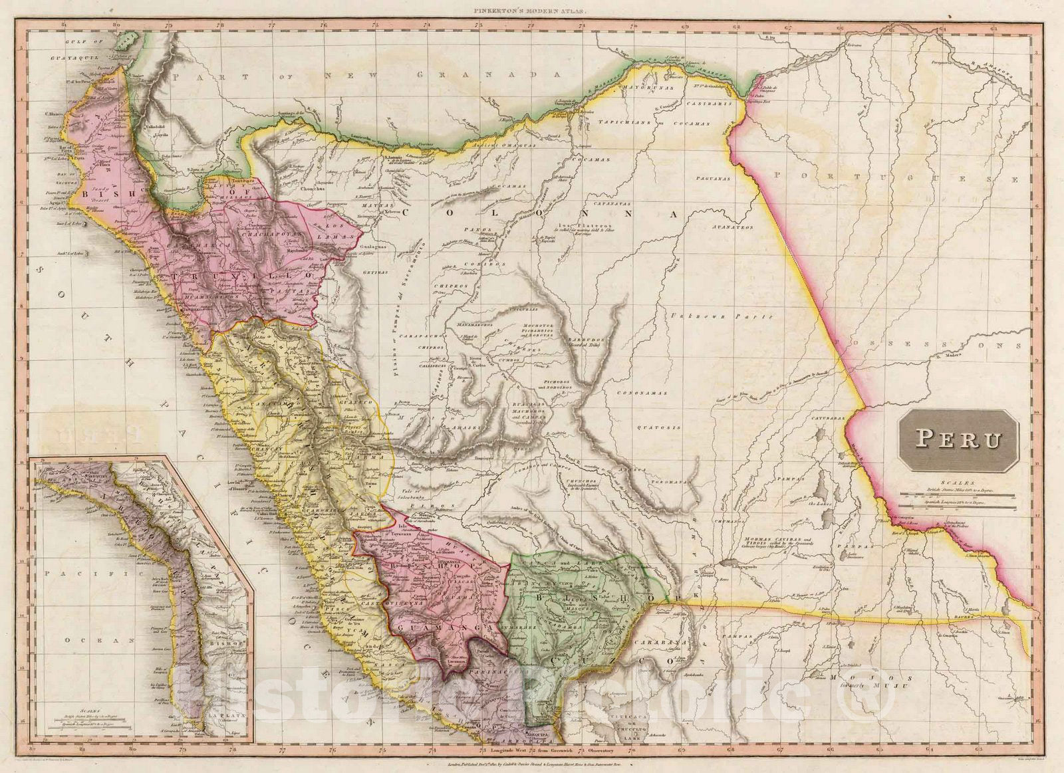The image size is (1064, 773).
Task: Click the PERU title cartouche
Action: click(x=958, y=439)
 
